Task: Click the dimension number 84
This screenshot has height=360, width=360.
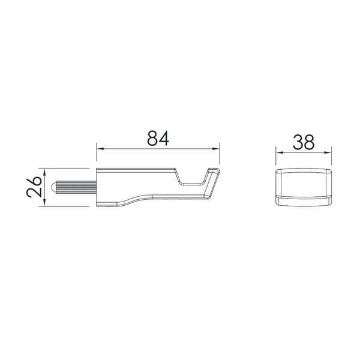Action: (158, 138)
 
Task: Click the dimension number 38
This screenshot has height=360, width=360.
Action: (303, 142)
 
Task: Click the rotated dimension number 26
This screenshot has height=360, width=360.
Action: (34, 187)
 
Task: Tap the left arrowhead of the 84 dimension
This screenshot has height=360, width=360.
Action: (100, 149)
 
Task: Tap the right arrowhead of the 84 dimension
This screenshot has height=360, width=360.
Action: (216, 149)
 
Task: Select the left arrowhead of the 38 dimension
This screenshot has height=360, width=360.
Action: (280, 152)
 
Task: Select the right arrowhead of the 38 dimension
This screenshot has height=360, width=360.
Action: (328, 152)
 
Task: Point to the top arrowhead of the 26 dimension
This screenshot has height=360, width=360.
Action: (44, 172)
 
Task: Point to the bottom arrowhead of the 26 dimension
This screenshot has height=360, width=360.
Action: (44, 202)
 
